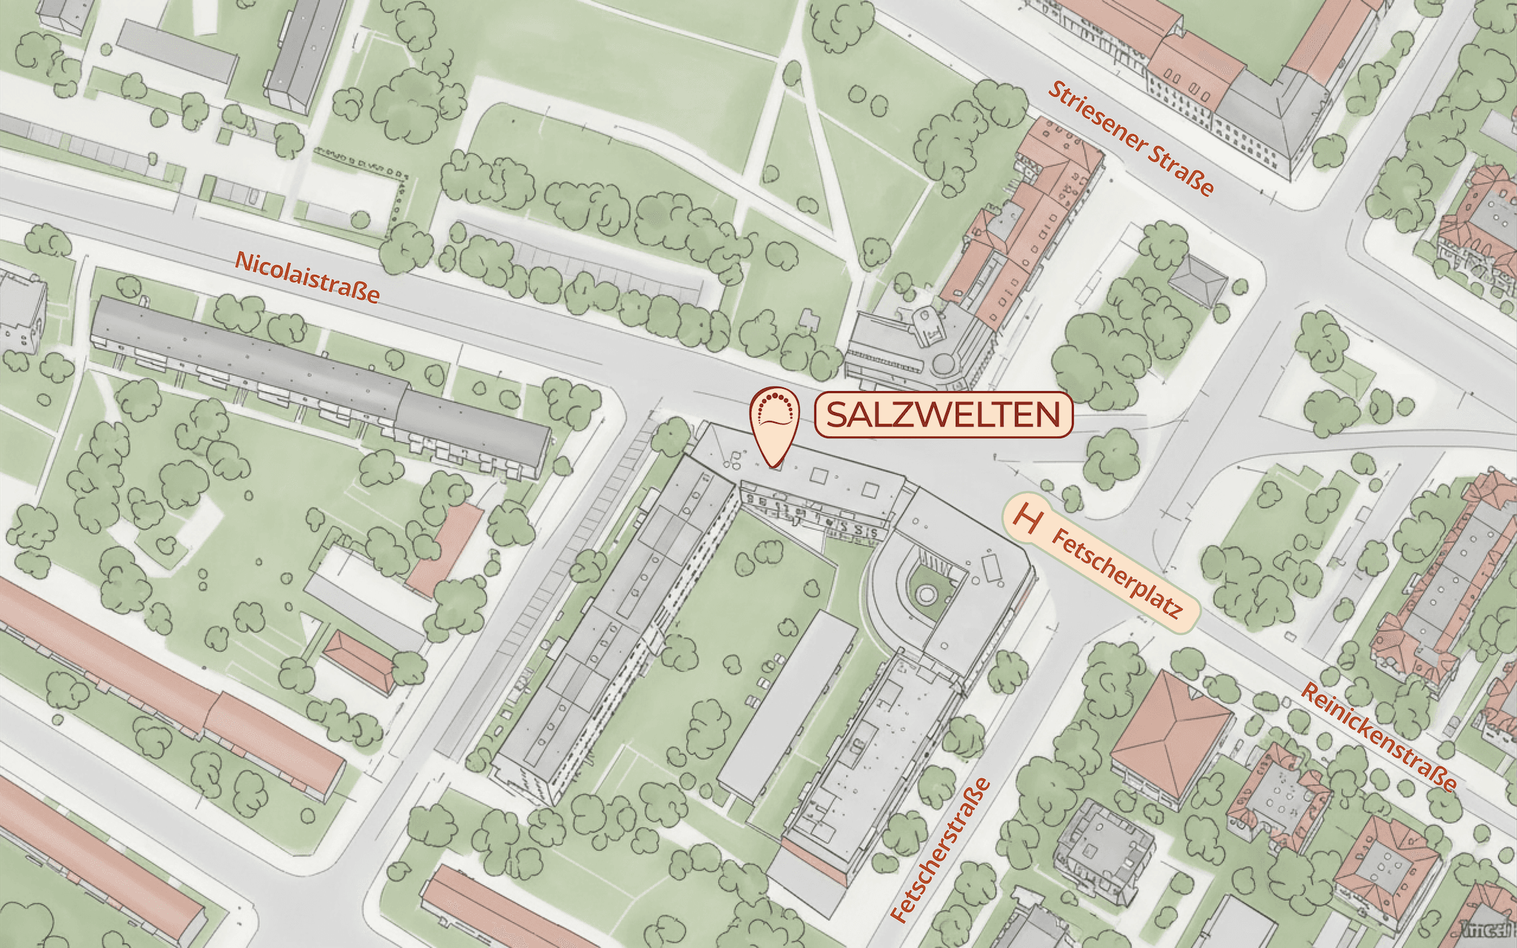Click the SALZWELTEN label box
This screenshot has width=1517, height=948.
coord(943,415)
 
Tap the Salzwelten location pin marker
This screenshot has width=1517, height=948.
coord(775,423)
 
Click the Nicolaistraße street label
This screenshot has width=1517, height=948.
coord(307,278)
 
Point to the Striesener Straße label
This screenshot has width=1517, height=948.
coord(1130,138)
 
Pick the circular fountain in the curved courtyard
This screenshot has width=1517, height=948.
coord(925,593)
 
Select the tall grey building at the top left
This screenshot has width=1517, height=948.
coord(306,52)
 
